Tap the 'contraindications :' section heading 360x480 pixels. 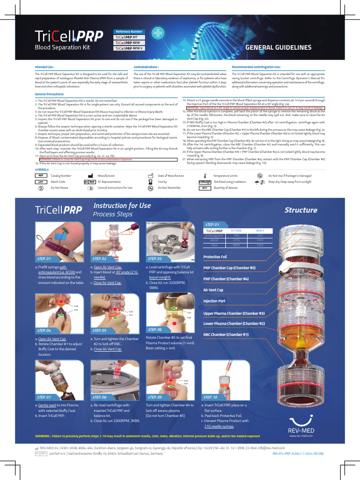tap(146, 67)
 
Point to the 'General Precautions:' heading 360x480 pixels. tap(50, 94)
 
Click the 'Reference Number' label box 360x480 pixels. tap(129, 31)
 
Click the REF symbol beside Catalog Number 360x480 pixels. tap(40, 175)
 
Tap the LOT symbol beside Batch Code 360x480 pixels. tap(40, 181)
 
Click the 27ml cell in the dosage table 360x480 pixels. tap(236, 240)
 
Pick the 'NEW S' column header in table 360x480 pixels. tap(260, 231)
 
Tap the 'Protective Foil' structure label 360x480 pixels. tap(215, 257)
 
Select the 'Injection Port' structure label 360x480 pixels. tap(214, 301)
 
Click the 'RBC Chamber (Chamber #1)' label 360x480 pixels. tap(226, 334)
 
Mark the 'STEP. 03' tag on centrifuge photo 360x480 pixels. tap(155, 258)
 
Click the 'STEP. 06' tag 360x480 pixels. tap(155, 330)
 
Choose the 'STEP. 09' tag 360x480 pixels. tap(155, 397)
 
